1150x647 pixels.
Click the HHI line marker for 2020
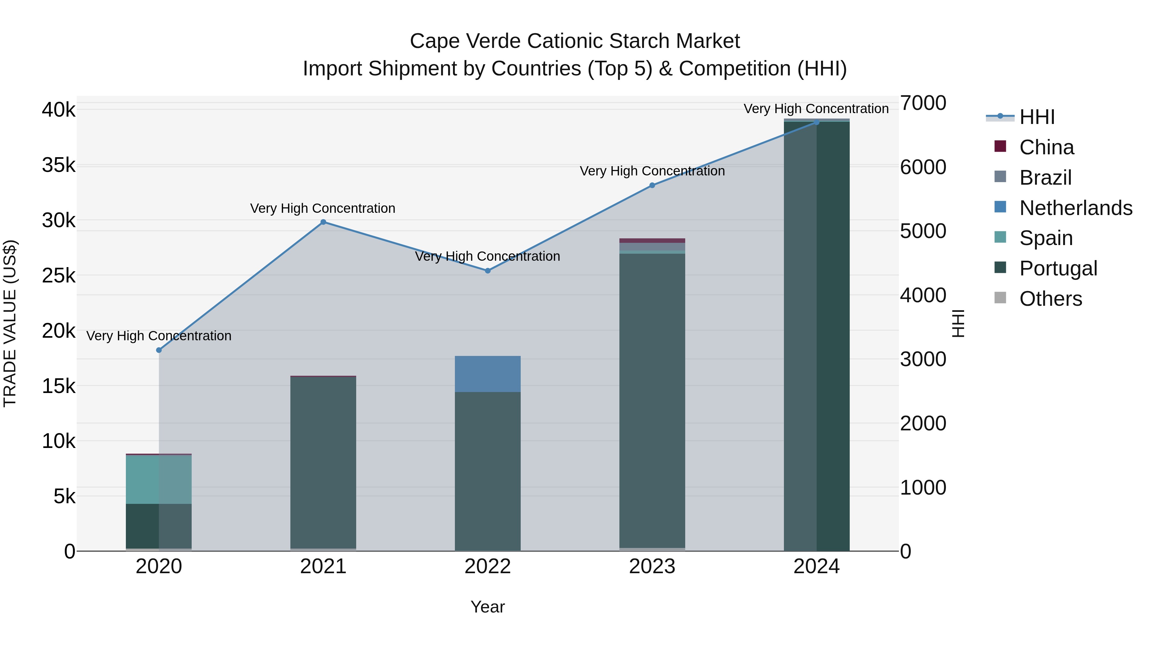coord(159,350)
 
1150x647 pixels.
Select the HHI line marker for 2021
coord(323,222)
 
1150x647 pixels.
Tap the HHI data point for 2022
coord(487,271)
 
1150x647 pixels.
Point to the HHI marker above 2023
coord(652,185)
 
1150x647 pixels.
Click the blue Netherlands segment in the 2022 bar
coord(487,374)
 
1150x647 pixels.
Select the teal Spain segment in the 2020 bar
coord(159,480)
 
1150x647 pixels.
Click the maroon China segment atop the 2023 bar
coord(652,241)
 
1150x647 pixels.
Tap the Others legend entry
coord(1050,299)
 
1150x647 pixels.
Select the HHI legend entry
coord(1037,117)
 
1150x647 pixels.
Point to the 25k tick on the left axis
coord(59,275)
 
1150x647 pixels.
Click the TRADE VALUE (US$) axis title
coord(10,324)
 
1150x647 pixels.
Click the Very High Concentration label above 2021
coord(322,209)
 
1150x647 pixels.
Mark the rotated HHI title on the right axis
coord(958,324)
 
